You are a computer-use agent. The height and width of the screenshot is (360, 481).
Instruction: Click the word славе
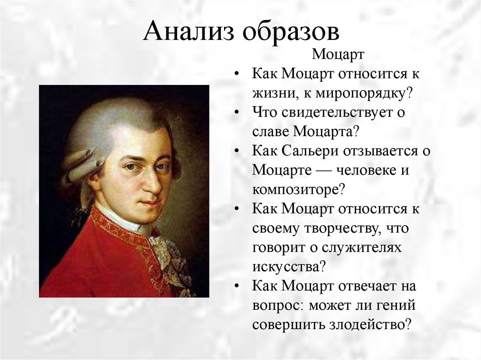271,132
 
